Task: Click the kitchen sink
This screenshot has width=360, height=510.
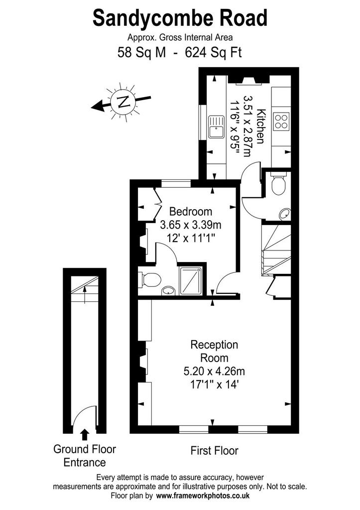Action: click(216, 127)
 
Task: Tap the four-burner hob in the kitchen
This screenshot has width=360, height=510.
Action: click(281, 122)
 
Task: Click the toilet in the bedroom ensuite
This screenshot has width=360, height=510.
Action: click(150, 280)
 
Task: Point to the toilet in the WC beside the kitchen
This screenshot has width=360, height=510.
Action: click(278, 184)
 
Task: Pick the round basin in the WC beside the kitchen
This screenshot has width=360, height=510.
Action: click(285, 214)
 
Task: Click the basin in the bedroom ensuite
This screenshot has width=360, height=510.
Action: click(168, 291)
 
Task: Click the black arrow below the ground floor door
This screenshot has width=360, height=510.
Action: click(85, 434)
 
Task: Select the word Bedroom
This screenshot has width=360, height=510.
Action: click(191, 212)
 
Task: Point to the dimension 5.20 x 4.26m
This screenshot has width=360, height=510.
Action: click(214, 371)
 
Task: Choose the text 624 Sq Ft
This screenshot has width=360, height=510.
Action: click(213, 52)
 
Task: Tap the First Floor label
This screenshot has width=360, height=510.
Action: click(214, 450)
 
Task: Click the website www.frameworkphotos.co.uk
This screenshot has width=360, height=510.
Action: click(203, 496)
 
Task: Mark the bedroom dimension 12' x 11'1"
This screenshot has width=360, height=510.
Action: click(191, 239)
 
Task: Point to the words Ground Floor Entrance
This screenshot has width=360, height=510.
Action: click(85, 456)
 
